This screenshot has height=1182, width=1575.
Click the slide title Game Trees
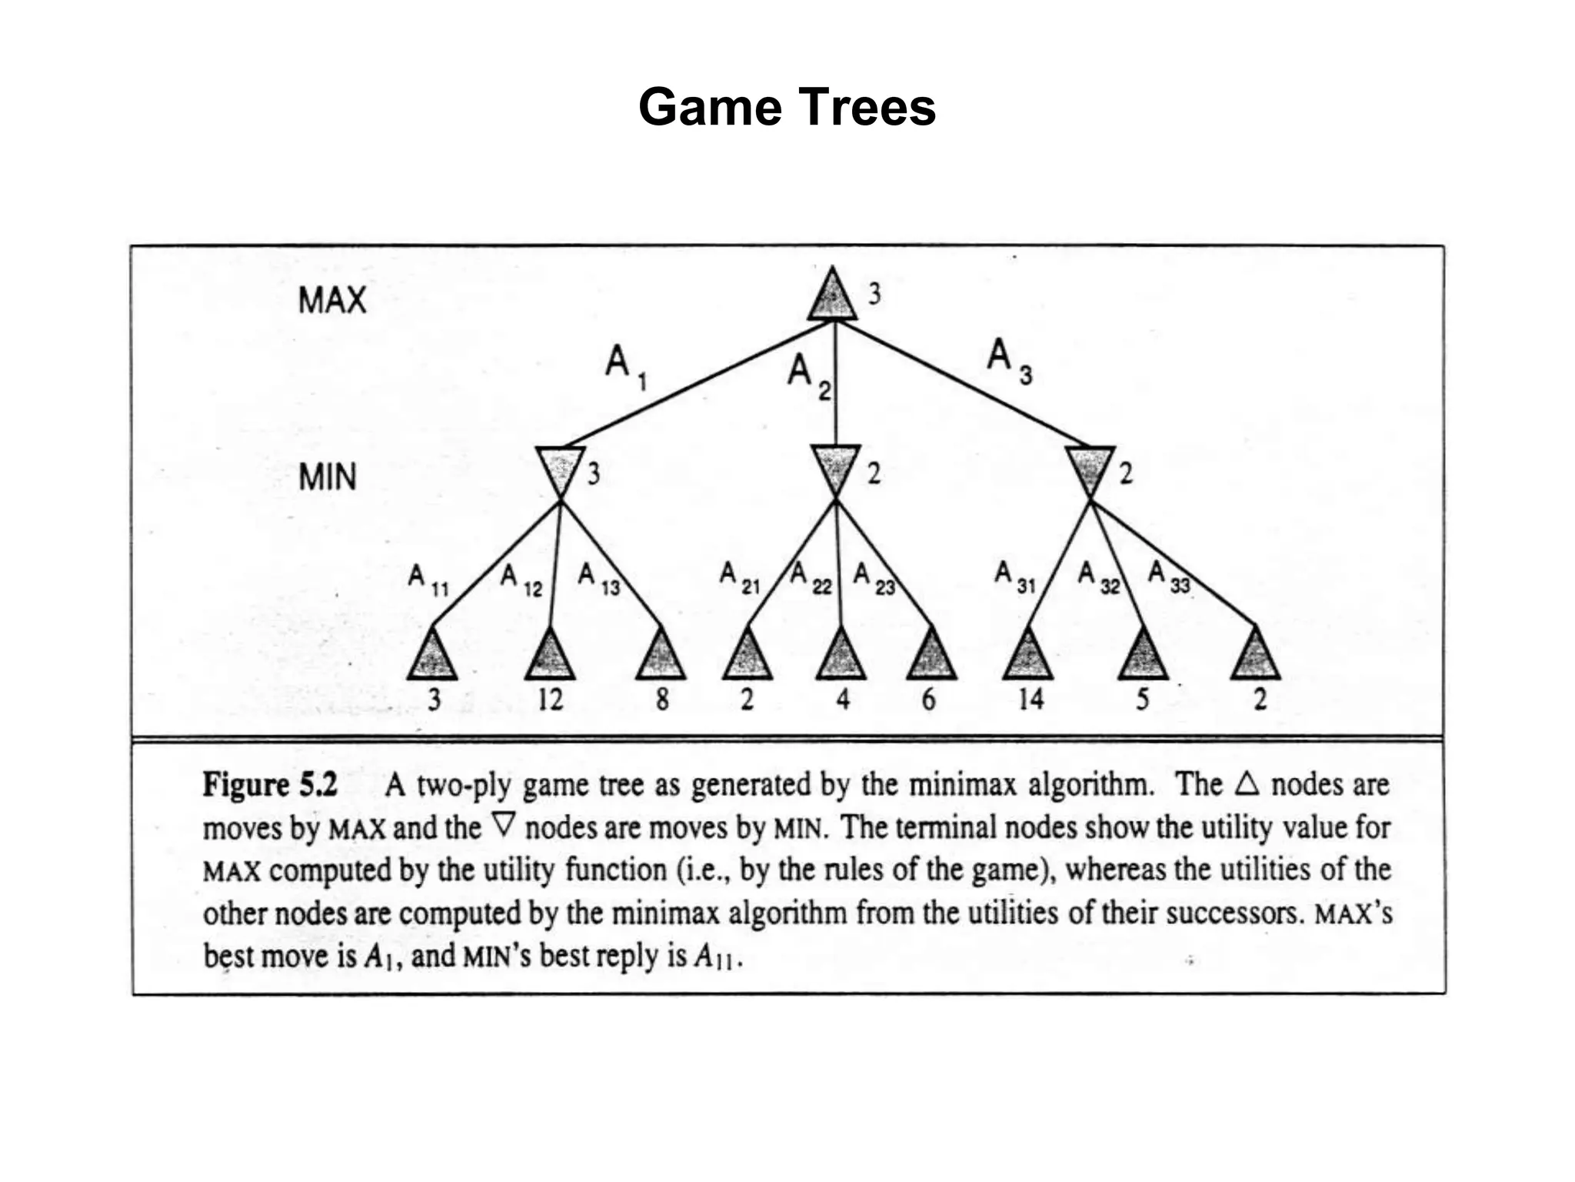coord(787,107)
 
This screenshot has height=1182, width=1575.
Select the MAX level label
coord(331,299)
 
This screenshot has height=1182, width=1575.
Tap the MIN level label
coord(328,477)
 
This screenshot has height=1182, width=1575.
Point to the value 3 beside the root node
coord(874,294)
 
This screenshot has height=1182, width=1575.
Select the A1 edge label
coord(624,365)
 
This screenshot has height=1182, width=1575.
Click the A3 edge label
coord(1007,360)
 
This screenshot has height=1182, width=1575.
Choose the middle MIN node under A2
coord(835,466)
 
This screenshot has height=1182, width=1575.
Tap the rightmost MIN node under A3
coord(1090,468)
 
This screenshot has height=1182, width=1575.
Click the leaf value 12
coord(550,700)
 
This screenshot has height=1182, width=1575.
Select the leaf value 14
coord(1031,699)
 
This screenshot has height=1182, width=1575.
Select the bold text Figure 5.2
coord(270,785)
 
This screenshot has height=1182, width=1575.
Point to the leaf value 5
coord(1143,699)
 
